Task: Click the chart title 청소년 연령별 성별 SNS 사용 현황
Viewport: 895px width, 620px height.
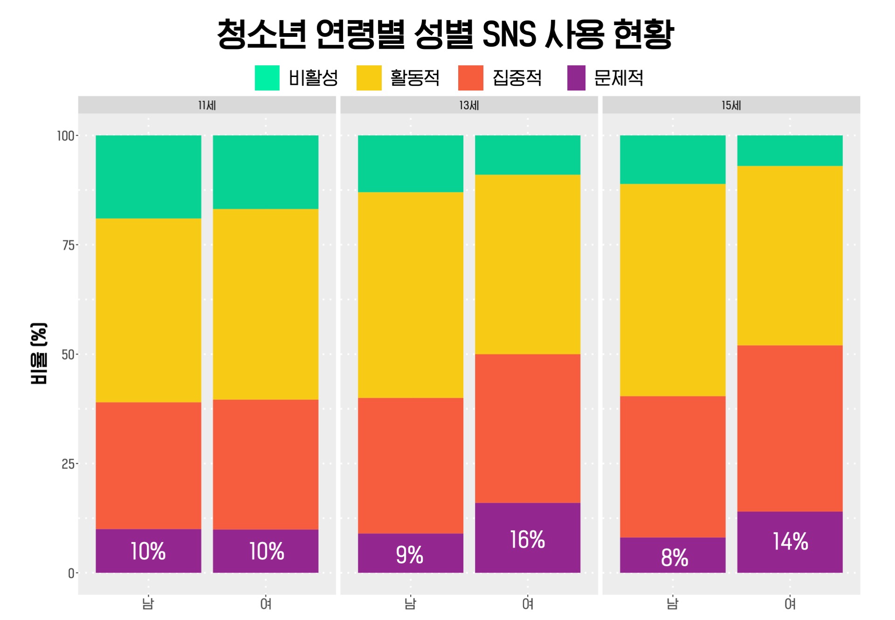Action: (x=445, y=34)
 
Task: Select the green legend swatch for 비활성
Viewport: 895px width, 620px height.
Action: (x=267, y=78)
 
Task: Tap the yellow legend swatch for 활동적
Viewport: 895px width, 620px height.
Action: (x=369, y=78)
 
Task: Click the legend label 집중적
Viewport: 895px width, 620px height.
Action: (x=517, y=78)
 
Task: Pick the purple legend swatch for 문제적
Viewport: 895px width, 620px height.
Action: (x=576, y=78)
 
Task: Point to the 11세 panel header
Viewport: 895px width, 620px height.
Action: (x=207, y=105)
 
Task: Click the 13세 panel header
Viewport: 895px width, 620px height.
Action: (x=469, y=105)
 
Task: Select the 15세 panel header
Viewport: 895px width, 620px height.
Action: (x=731, y=105)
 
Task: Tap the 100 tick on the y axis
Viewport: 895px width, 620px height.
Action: (x=65, y=136)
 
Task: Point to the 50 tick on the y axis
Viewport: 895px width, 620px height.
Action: (x=68, y=355)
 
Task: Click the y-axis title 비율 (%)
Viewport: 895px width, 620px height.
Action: (x=39, y=354)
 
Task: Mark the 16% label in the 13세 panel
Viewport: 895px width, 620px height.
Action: (x=527, y=540)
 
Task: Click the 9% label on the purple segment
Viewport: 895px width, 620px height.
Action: (x=410, y=555)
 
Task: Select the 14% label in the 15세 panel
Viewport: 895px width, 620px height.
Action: (x=790, y=542)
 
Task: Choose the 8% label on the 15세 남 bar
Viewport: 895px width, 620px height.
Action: (x=675, y=557)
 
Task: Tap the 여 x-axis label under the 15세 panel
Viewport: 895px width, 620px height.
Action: (x=790, y=604)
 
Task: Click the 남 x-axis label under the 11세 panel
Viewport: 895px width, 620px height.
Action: (x=148, y=604)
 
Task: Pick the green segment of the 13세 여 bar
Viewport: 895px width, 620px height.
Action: (x=528, y=155)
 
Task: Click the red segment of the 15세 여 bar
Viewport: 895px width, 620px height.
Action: (x=790, y=428)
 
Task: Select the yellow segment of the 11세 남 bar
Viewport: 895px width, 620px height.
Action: (x=148, y=310)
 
